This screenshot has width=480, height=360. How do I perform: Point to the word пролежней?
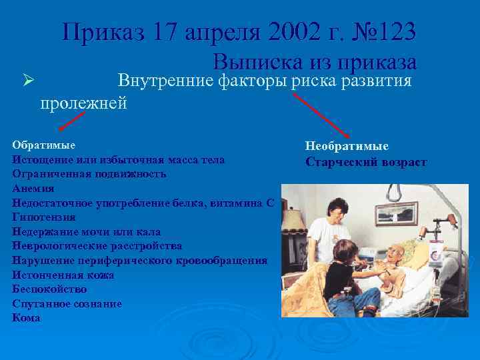[x=83, y=103]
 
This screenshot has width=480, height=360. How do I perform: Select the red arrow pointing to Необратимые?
[x=319, y=113]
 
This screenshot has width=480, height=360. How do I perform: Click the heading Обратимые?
[x=43, y=145]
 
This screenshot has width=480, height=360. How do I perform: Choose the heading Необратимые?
[x=347, y=145]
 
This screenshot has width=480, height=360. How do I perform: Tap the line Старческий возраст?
[x=366, y=162]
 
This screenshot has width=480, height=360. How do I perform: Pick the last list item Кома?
[x=26, y=318]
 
